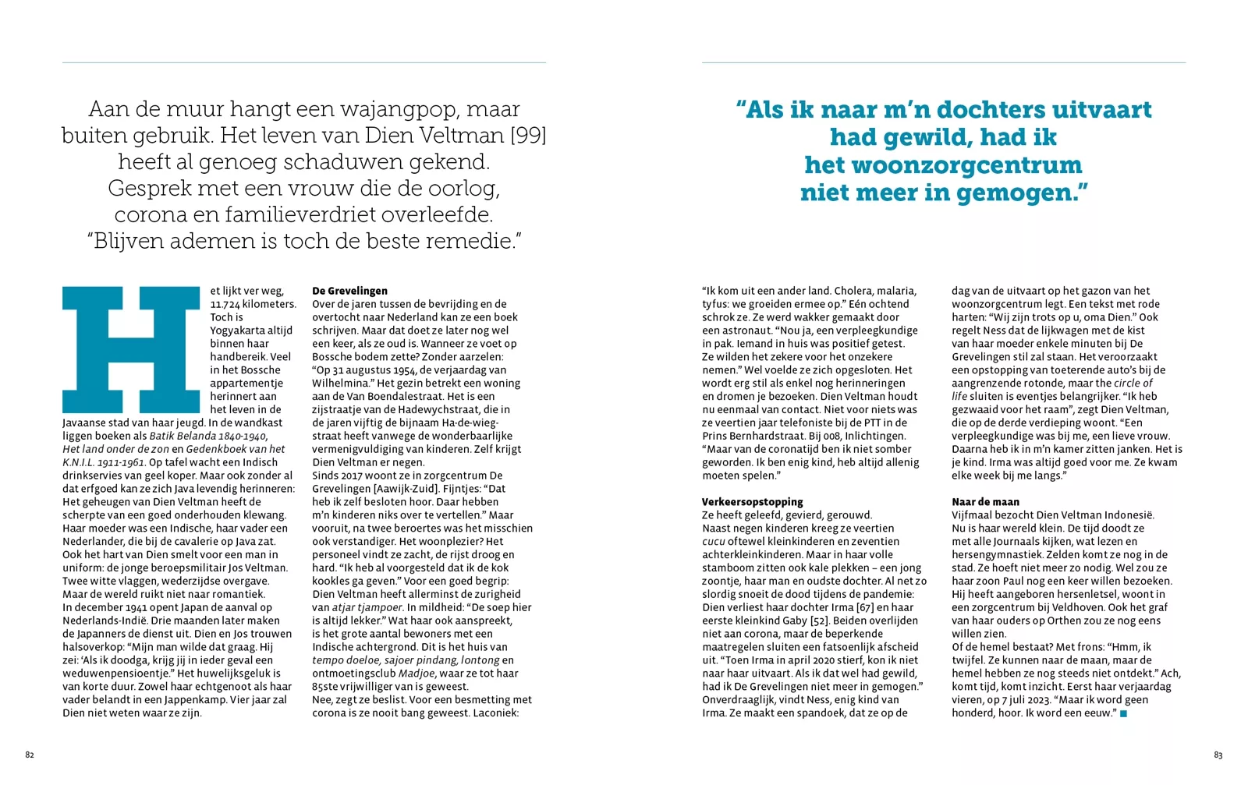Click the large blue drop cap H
(131, 349)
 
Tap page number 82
(30, 755)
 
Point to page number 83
(1218, 755)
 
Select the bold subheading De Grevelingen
(349, 291)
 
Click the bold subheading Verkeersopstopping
(752, 502)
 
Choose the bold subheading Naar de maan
(985, 502)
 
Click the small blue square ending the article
(1124, 713)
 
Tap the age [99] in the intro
(528, 136)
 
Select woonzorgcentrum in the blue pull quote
(944, 165)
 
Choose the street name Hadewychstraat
(453, 409)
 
